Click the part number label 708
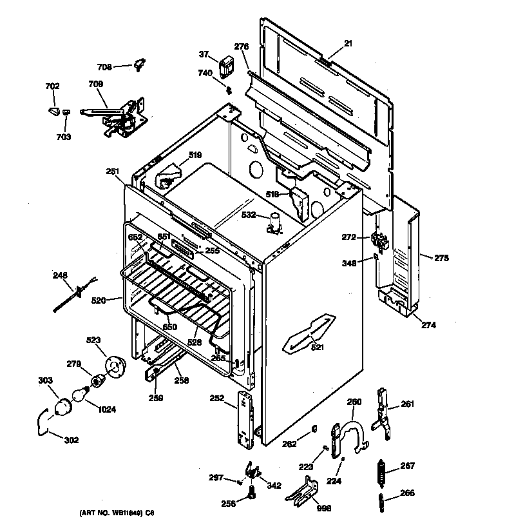(x=104, y=66)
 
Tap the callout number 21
(x=348, y=43)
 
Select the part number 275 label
(x=441, y=259)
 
